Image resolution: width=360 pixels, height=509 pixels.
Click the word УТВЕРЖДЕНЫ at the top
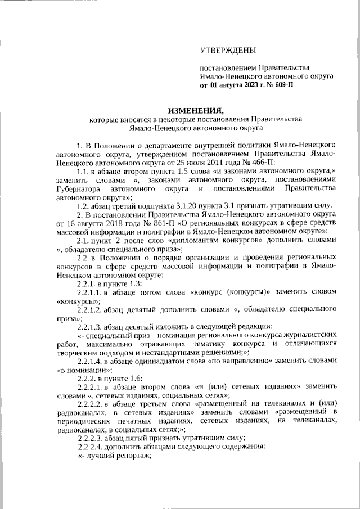pos(228,51)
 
